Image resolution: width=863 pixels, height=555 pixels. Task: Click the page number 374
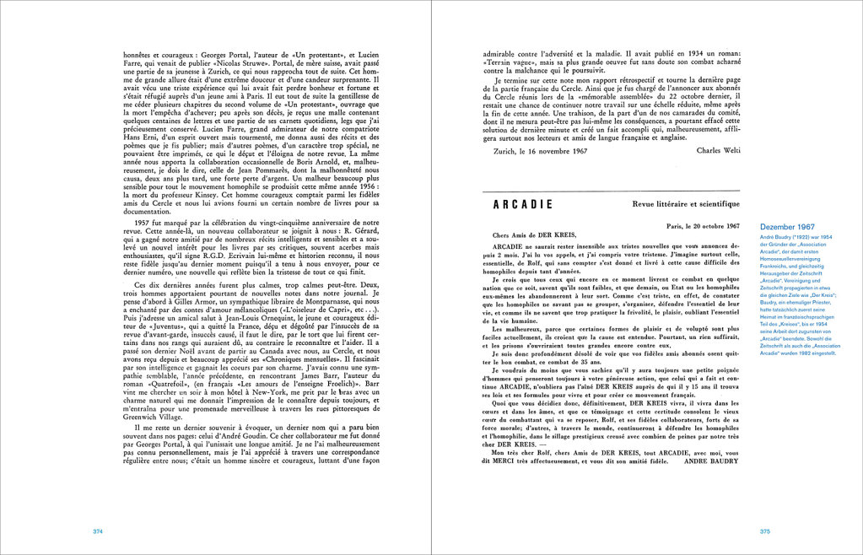98,531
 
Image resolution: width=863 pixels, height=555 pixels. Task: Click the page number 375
765,531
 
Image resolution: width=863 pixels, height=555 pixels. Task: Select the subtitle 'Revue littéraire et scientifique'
686,204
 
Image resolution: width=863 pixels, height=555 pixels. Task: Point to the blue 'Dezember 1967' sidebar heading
787,228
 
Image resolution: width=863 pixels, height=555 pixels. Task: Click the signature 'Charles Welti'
718,174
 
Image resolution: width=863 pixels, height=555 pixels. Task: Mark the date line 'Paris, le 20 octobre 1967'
703,226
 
